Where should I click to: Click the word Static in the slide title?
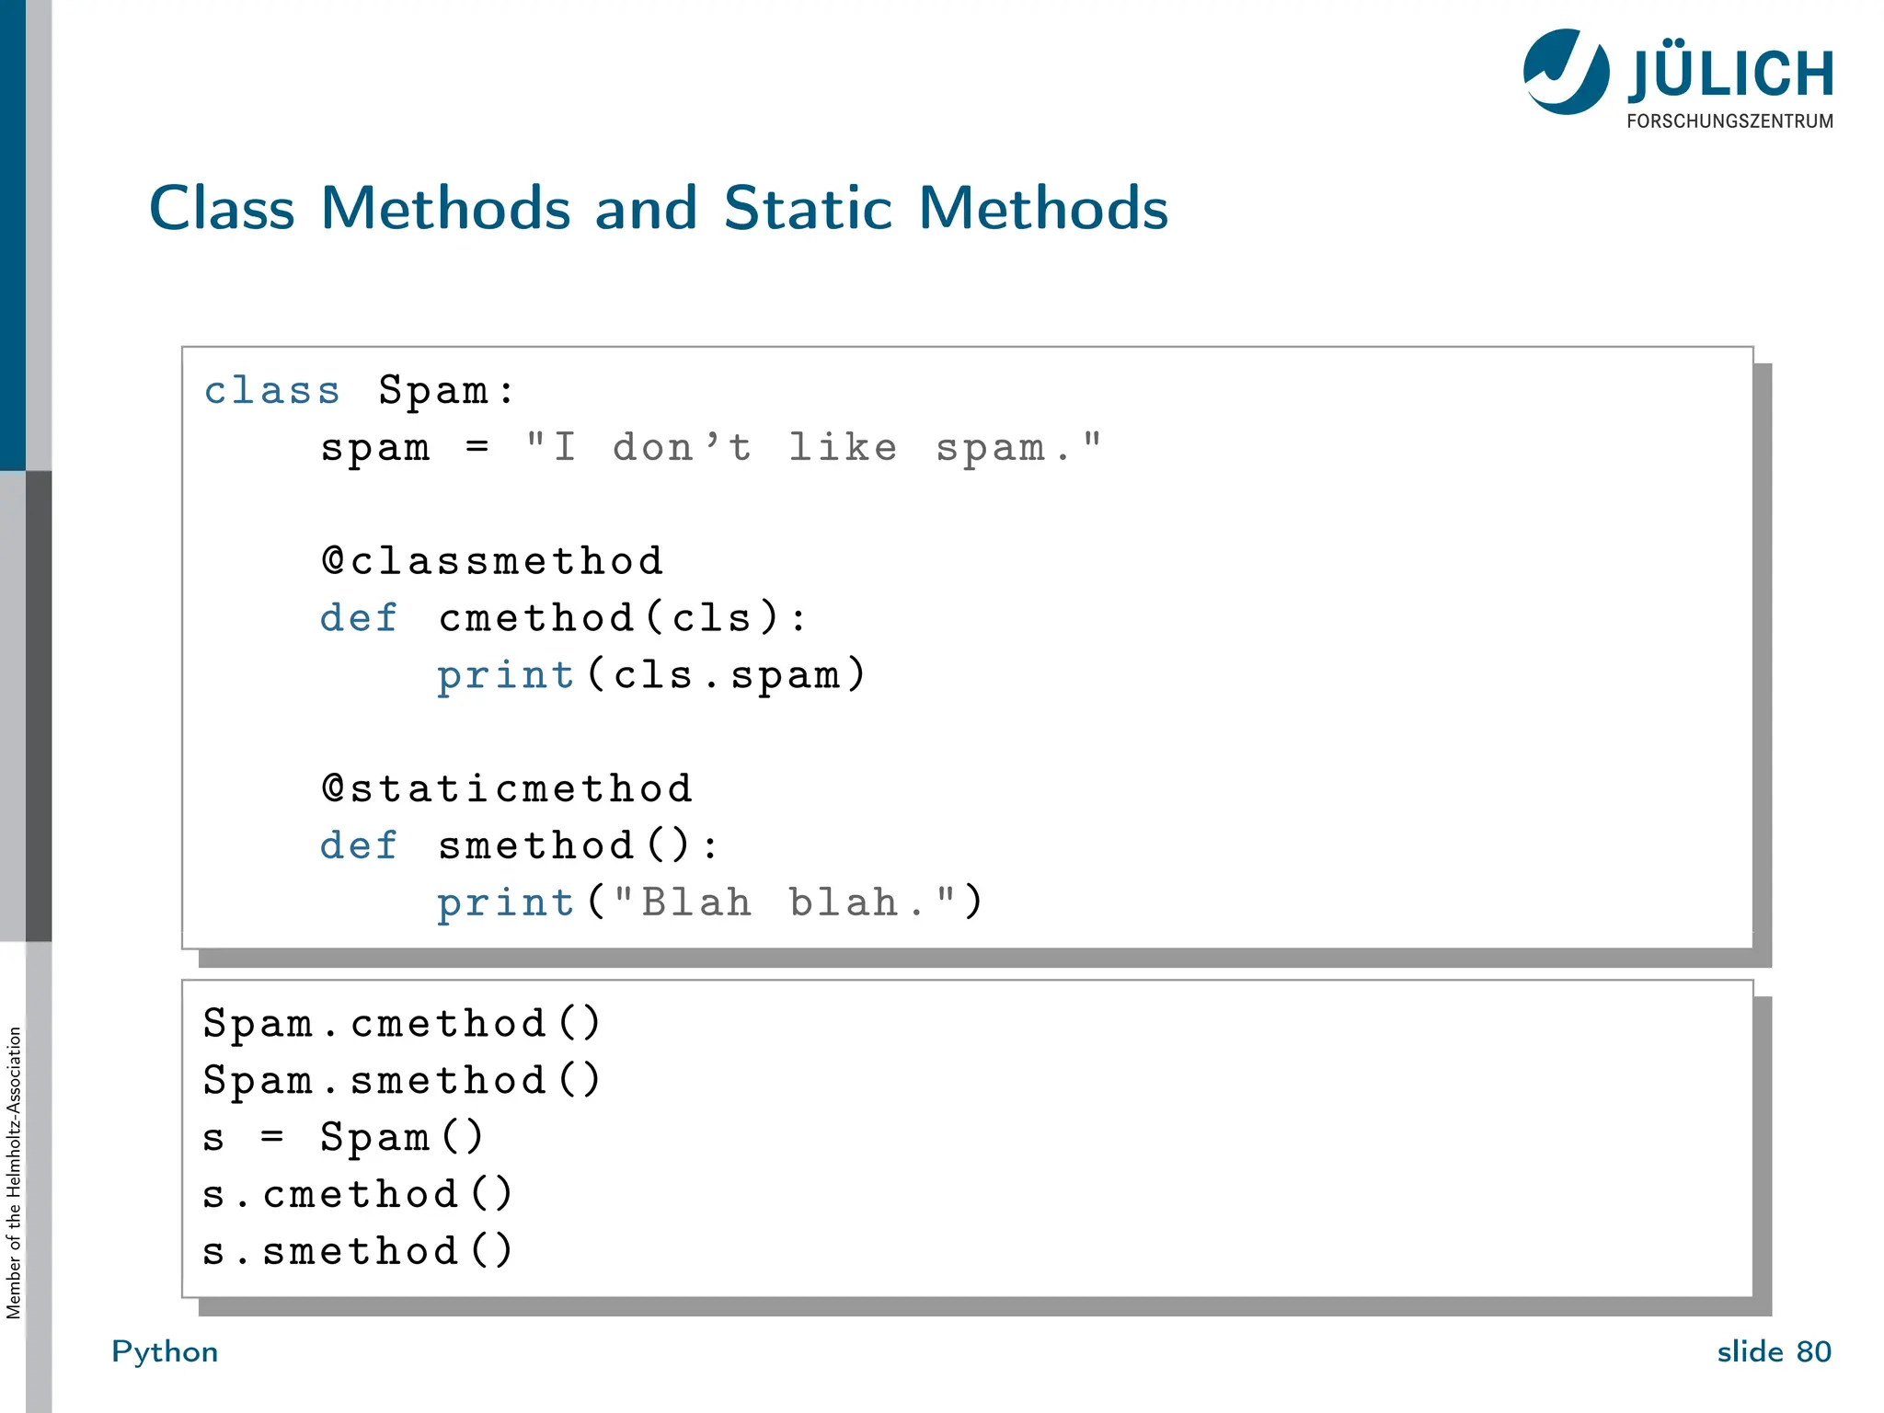pyautogui.click(x=807, y=208)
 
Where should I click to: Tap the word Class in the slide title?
pyautogui.click(x=222, y=208)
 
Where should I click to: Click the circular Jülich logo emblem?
pyautogui.click(x=1566, y=72)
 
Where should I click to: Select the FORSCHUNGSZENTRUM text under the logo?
pyautogui.click(x=1729, y=121)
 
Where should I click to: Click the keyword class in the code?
pyautogui.click(x=272, y=391)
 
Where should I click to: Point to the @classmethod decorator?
pyautogui.click(x=492, y=561)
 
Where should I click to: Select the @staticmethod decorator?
pyautogui.click(x=507, y=789)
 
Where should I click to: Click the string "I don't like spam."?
pyautogui.click(x=813, y=448)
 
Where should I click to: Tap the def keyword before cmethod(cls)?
pyautogui.click(x=359, y=618)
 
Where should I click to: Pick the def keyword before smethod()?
pyautogui.click(x=359, y=846)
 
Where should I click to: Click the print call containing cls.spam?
pyautogui.click(x=651, y=675)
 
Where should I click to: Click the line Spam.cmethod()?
pyautogui.click(x=402, y=1024)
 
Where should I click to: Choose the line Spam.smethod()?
pyautogui.click(x=402, y=1081)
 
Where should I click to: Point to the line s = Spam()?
pyautogui.click(x=343, y=1138)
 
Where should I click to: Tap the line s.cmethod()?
pyautogui.click(x=358, y=1195)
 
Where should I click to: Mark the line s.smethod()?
pyautogui.click(x=358, y=1252)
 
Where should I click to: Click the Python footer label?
pyautogui.click(x=165, y=1351)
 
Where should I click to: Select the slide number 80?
pyautogui.click(x=1813, y=1351)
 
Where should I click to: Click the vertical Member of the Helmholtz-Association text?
pyautogui.click(x=14, y=1173)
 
